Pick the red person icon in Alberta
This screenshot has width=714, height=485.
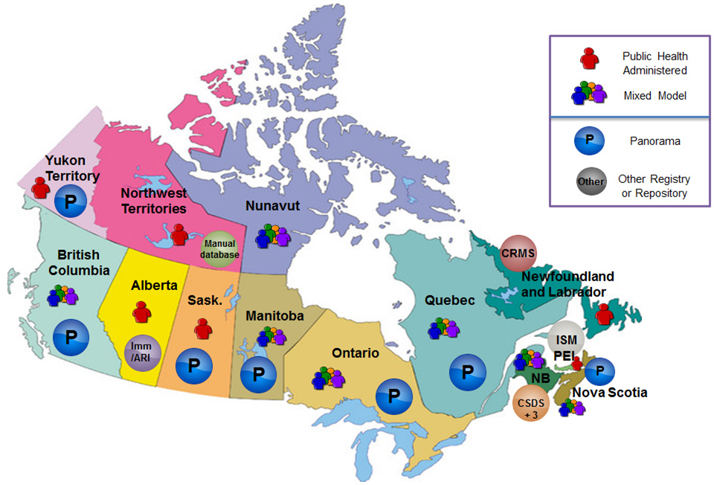[x=141, y=312]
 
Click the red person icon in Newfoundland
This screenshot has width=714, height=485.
[x=605, y=313]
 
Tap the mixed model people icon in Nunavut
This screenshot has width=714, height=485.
[x=271, y=236]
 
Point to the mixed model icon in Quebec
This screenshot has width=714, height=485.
[x=444, y=328]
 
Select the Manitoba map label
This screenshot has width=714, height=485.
[x=275, y=316]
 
